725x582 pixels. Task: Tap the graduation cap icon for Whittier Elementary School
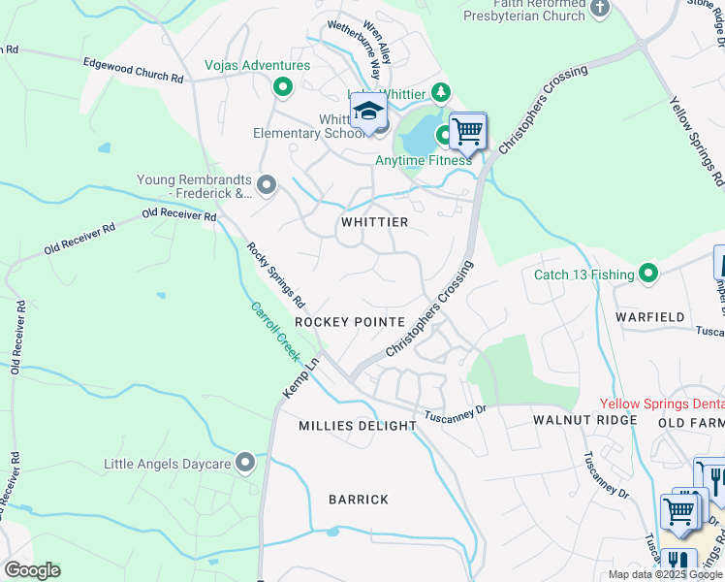(x=368, y=113)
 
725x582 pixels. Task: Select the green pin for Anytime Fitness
(x=445, y=135)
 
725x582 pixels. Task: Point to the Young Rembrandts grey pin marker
(x=268, y=181)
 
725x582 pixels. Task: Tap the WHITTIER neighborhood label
(x=374, y=222)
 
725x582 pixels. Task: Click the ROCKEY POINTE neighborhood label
(x=349, y=322)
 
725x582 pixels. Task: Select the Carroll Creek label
(x=275, y=331)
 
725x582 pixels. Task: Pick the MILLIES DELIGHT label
(x=357, y=426)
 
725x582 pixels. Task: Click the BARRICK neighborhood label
(x=359, y=500)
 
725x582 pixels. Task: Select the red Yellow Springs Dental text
(x=661, y=404)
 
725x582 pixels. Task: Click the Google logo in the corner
(x=31, y=570)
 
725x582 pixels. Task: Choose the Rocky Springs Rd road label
(x=276, y=275)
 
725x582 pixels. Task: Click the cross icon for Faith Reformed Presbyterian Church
(x=601, y=9)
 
